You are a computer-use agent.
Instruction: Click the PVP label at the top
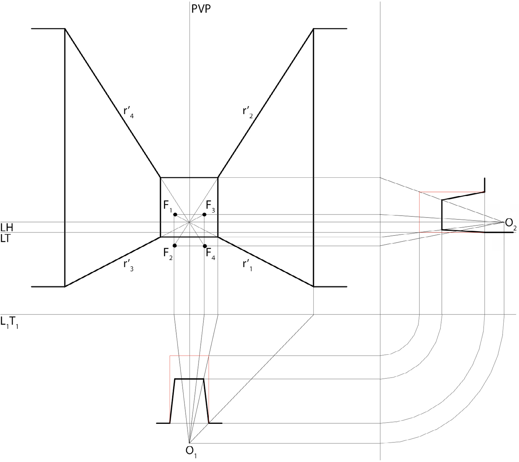pos(201,9)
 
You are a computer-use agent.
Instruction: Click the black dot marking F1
pos(175,214)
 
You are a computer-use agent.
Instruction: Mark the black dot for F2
pos(175,245)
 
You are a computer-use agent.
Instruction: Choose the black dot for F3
pos(204,214)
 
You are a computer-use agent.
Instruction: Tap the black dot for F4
pos(205,246)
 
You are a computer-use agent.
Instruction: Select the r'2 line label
pos(248,112)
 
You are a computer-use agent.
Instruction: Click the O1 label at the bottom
pos(191,452)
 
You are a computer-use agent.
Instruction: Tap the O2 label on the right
pos(511,223)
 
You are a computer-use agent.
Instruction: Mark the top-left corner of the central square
pos(161,178)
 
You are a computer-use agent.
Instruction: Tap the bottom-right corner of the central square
pos(218,237)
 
